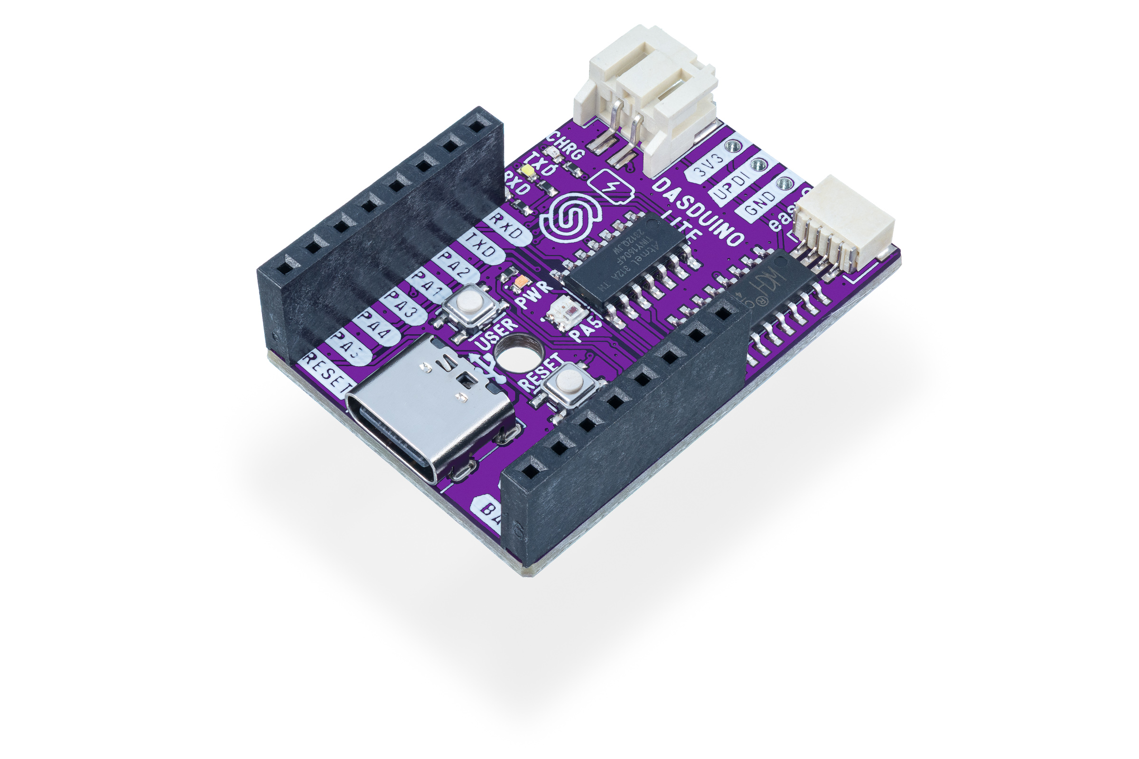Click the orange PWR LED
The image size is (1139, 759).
(522, 282)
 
